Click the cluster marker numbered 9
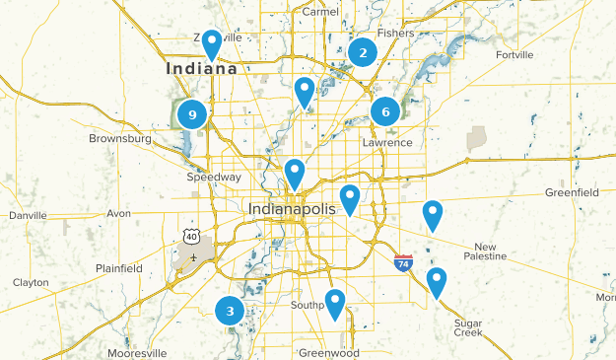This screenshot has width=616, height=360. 192,115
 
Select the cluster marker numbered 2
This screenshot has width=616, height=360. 363,53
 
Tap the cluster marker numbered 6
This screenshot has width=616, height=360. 385,112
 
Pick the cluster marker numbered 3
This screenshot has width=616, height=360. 230,312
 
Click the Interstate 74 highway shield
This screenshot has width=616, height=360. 403,262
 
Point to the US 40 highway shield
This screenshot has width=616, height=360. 191,235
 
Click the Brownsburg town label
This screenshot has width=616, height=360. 120,139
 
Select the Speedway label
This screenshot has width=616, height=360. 214,178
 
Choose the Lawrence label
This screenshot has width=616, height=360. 387,143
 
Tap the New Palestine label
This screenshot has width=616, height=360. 490,251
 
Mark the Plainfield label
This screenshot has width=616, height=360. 119,268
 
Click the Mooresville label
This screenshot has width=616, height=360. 137,352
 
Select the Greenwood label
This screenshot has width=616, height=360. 330,352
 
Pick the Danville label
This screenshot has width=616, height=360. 28,215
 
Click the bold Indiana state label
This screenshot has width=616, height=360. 201,69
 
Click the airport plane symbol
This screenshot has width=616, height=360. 194,257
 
